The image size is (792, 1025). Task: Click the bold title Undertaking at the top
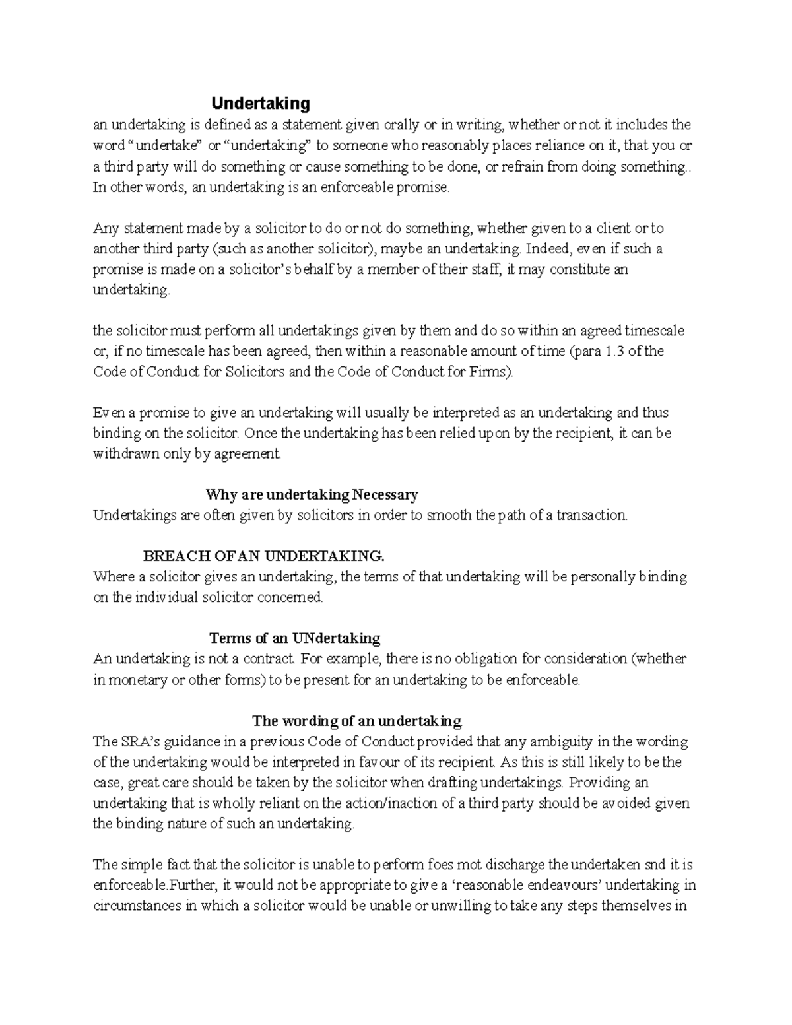click(260, 104)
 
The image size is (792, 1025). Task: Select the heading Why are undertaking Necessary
click(312, 494)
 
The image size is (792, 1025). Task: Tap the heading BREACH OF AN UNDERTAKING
click(263, 556)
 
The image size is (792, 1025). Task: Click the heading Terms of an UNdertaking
click(294, 638)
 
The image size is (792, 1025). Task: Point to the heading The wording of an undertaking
click(358, 720)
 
